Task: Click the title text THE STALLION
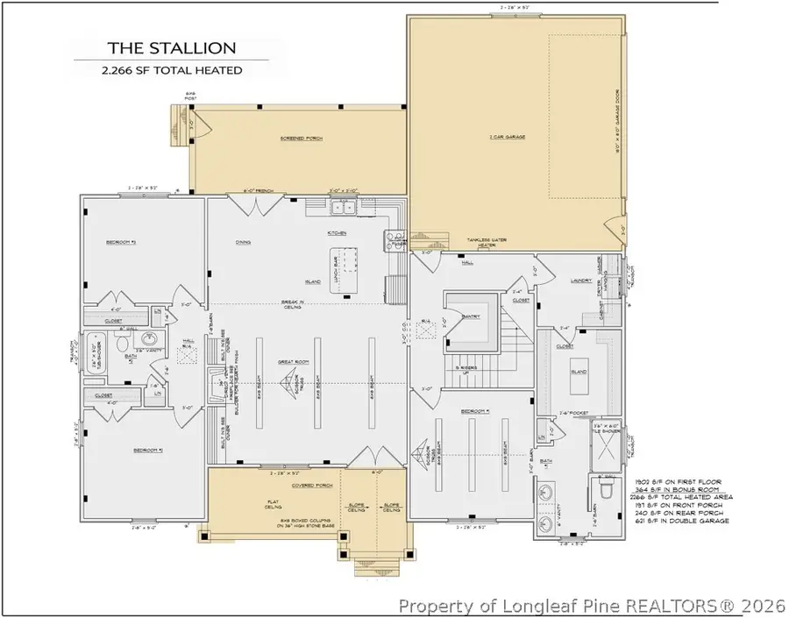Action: pos(158,47)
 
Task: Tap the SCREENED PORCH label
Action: pos(299,139)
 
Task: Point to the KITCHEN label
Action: pos(337,233)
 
